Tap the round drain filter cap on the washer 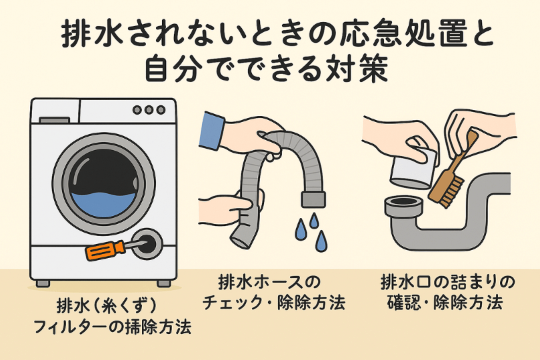(x=147, y=243)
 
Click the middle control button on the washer (x=148, y=110)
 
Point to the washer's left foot (x=43, y=283)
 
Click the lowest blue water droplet (x=321, y=241)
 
